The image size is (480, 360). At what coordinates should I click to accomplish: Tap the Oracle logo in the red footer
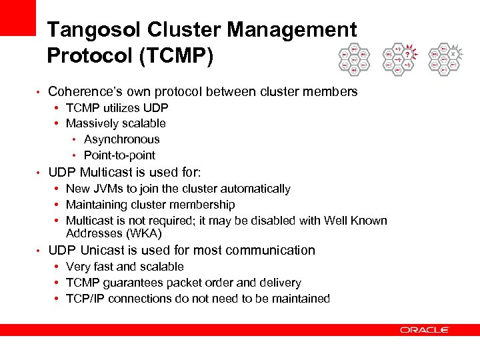[x=425, y=329]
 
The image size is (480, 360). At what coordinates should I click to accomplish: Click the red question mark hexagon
[x=408, y=55]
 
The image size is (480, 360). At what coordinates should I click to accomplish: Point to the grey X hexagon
[x=453, y=54]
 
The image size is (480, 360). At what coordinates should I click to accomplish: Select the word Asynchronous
[x=122, y=139]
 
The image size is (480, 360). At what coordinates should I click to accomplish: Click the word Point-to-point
[x=119, y=155]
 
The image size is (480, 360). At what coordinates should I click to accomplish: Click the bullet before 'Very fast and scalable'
[x=58, y=267]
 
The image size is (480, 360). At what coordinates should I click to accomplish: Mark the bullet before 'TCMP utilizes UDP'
[x=58, y=107]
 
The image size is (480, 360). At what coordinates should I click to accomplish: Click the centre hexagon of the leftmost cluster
[x=354, y=59]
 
